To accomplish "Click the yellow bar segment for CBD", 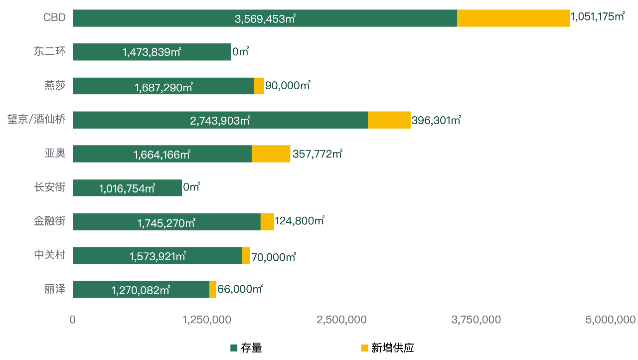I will [513, 18].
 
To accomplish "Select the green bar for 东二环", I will [152, 52].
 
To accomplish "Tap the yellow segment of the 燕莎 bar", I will [259, 86].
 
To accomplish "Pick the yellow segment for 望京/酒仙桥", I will [389, 120].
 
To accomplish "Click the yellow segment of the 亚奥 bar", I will [271, 154].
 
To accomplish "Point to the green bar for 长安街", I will [127, 188].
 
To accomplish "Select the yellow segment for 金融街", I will [267, 222].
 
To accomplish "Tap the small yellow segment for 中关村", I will [246, 256].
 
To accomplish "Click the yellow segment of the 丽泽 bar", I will [213, 290].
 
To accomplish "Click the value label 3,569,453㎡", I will [265, 19].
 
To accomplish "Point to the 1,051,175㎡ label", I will [598, 17].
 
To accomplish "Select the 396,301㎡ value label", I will [436, 120].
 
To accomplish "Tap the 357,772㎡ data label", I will [317, 154].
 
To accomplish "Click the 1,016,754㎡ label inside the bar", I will [127, 188].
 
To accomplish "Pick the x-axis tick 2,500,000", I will [342, 320].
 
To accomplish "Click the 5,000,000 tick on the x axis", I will [611, 320].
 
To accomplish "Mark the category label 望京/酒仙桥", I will [36, 120].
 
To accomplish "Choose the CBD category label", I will [54, 17].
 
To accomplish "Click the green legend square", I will [234, 348].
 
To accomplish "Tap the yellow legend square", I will [365, 348].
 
